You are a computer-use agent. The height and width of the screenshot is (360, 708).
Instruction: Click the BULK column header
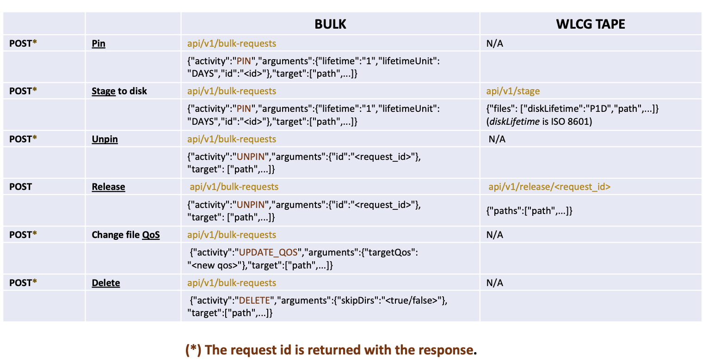pos(330,24)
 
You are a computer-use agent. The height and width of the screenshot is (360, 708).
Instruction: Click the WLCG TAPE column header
pos(591,24)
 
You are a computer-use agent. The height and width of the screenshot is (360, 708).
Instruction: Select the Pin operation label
pos(99,44)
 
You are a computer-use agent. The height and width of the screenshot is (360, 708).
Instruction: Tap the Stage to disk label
pos(119,91)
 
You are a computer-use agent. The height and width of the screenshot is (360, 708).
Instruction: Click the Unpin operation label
pos(105,139)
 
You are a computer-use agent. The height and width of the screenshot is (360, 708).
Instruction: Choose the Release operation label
pos(108,187)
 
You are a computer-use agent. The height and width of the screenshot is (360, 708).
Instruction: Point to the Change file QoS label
pos(126,235)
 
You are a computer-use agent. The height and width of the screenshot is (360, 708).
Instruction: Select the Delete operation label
pos(106,283)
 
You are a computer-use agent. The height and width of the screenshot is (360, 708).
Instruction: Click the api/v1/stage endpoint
pos(513,91)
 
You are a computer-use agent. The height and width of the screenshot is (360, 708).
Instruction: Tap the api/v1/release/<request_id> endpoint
pos(549,187)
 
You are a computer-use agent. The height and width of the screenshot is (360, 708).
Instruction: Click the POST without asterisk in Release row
pos(21,187)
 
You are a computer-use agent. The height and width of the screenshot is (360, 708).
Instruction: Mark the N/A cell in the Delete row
pos(494,283)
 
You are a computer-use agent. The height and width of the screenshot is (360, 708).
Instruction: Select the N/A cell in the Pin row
pos(494,44)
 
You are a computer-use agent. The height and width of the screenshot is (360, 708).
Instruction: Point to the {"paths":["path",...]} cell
pos(529,211)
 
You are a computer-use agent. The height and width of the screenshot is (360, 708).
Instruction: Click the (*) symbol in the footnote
pos(193,350)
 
